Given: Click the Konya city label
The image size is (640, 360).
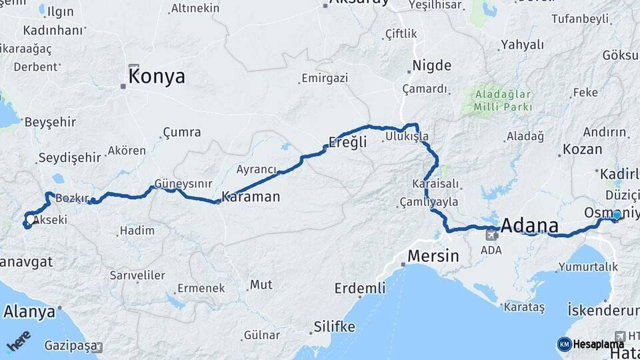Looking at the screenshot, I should coord(157,77).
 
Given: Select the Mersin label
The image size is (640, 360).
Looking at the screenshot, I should coord(433,256).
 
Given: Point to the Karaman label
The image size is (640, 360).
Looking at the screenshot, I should coord(251,197).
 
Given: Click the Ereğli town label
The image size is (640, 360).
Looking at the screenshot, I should coord(348,142).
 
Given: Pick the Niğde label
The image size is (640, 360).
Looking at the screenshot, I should coord(432,65).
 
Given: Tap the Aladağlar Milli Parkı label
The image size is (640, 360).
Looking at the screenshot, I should coord(503,100).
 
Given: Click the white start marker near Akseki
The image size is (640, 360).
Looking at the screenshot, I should coord(30,219).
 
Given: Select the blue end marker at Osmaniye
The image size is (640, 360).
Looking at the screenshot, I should coord(617,215).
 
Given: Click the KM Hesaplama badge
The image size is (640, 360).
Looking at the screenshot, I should coord(591,344).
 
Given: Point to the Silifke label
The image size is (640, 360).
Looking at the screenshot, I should coord(334,327).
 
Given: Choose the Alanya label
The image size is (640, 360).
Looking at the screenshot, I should coord(29,311).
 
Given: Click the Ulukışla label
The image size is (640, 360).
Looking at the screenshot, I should coord(407,137).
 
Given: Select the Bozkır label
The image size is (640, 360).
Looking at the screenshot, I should coord(67,199).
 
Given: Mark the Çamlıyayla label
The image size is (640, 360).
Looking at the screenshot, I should coord(429,201).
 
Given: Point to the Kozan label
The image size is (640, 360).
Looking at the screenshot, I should coord(582,149).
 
